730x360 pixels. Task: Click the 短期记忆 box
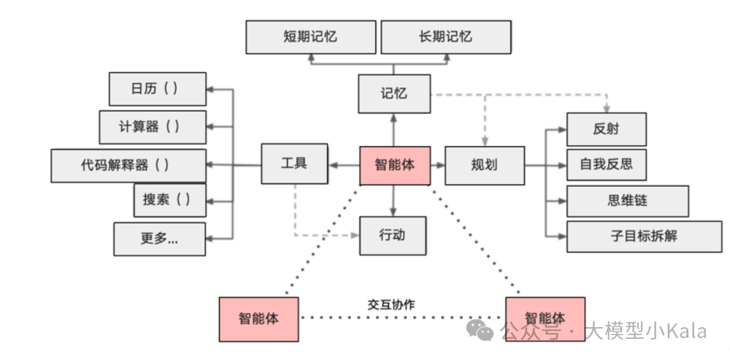310,37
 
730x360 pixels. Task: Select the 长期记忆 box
445,37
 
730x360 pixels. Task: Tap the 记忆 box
393,93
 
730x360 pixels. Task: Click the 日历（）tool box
157,89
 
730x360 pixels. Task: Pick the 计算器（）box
152,127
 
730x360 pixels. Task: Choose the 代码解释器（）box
128,165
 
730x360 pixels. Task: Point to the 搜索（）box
169,199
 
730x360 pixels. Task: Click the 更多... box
159,238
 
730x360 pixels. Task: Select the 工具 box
294,164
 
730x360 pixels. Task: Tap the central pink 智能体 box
395,165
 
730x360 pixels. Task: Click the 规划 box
484,165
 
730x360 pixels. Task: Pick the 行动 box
393,235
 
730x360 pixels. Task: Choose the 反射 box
606,129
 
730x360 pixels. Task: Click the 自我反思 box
606,164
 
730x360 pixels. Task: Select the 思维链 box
627,201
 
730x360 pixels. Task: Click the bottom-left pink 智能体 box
258,319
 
